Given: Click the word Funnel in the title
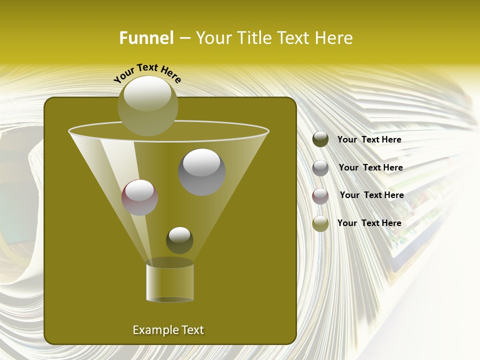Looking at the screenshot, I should pos(146,38).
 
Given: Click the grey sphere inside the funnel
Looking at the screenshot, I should pos(201,172).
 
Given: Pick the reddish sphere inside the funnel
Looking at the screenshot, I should pos(139,197).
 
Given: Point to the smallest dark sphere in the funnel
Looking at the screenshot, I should pos(179,240).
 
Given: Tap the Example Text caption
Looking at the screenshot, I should pos(168,330).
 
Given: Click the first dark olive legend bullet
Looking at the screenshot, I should pos(320,139).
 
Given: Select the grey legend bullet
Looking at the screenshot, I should pos(320,168).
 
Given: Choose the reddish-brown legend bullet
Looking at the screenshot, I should pos(320,196).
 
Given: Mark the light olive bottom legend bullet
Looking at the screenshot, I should pos(320,223).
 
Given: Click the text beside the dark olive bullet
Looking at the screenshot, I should pos(369,139).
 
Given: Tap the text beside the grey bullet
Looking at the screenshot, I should pos(370,167).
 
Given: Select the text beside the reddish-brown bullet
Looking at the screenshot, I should pos(371,195).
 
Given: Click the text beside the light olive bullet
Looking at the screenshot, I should pos(369,223).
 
